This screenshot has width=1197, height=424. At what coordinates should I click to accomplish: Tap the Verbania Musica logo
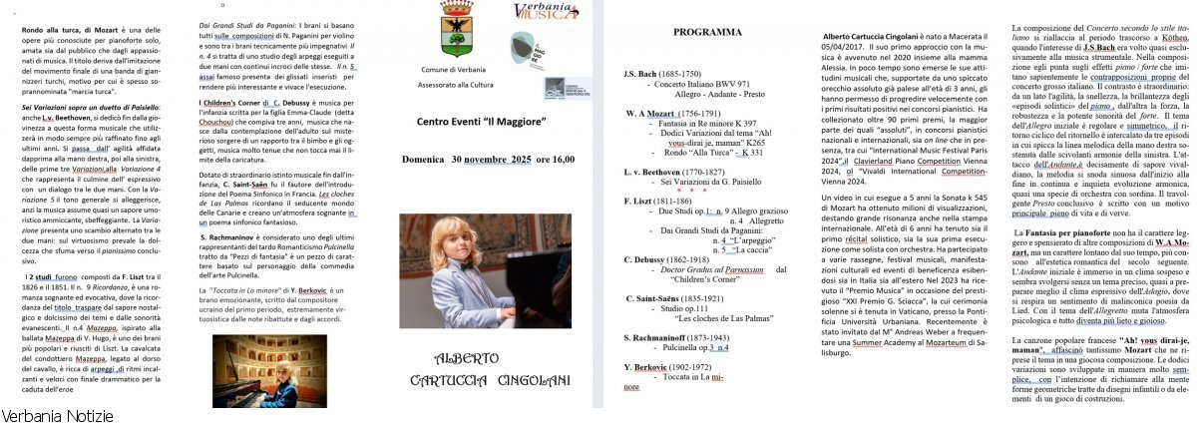pyautogui.click(x=545, y=12)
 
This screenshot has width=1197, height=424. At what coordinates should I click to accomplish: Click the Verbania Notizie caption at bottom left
pyautogui.click(x=57, y=414)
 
